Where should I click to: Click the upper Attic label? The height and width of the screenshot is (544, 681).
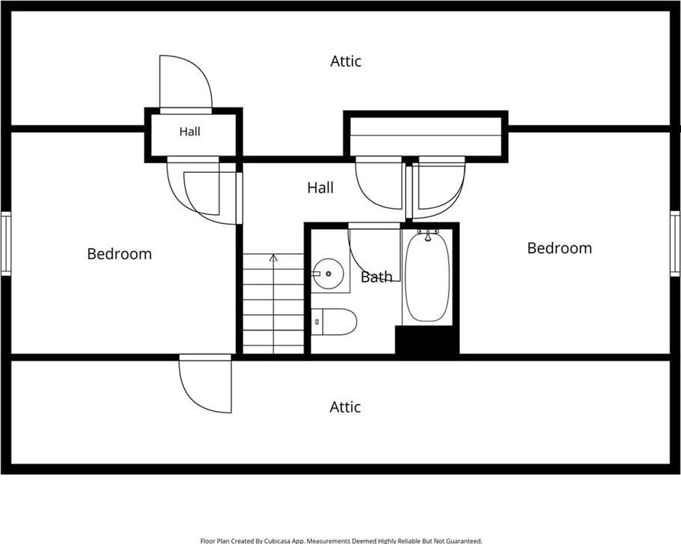(346, 61)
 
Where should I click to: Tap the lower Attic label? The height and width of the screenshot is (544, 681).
(345, 407)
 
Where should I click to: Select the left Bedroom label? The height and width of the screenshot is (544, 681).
(120, 254)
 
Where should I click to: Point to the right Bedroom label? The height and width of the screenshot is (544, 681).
(559, 249)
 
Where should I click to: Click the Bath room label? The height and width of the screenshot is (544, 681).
(376, 277)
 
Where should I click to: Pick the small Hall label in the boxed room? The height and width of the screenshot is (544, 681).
(190, 131)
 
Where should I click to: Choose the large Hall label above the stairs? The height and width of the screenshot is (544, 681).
(320, 188)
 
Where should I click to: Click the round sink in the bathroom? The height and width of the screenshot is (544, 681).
(328, 274)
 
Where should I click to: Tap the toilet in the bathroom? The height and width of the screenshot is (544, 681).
(334, 322)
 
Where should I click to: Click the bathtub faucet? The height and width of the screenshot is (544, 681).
(428, 235)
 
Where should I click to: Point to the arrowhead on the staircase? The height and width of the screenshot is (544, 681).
(273, 258)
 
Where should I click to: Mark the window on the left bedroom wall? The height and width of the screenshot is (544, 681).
(6, 243)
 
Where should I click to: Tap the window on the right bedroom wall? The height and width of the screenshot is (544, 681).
(675, 243)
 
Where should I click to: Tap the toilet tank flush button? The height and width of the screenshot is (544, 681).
(317, 322)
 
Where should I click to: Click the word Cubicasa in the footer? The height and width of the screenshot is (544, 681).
(278, 541)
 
